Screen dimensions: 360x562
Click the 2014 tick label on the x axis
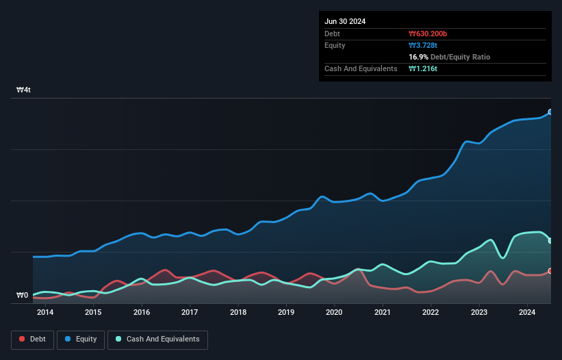(45, 313)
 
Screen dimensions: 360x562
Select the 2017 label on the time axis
(190, 313)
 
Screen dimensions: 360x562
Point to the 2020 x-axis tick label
(334, 313)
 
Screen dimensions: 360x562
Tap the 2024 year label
(527, 313)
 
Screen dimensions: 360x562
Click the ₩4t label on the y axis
(24, 90)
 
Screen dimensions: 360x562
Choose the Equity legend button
(81, 339)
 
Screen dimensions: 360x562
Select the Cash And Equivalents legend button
(157, 339)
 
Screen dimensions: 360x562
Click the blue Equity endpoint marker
(550, 112)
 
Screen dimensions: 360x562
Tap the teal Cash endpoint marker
(550, 240)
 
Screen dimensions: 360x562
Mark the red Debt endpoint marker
(550, 271)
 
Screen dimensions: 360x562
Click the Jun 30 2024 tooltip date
(345, 21)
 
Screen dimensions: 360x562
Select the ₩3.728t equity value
(423, 45)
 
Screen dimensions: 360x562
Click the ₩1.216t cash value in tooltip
(423, 68)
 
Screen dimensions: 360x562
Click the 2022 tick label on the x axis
(431, 313)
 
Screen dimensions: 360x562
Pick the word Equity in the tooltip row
(335, 45)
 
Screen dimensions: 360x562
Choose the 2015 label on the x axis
(93, 313)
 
